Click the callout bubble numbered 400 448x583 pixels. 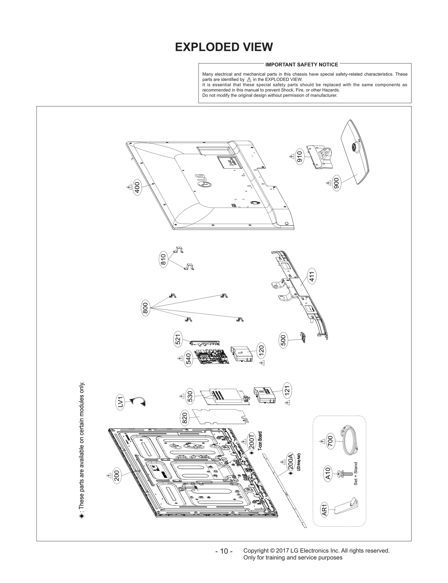point(137,188)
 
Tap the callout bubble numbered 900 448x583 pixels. point(337,184)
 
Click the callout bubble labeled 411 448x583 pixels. point(312,276)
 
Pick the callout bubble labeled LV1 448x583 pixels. point(121,402)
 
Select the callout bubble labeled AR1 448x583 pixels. point(324,510)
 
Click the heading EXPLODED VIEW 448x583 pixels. point(224,47)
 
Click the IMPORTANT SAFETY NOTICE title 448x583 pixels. point(301,65)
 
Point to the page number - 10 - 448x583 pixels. point(224,551)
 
